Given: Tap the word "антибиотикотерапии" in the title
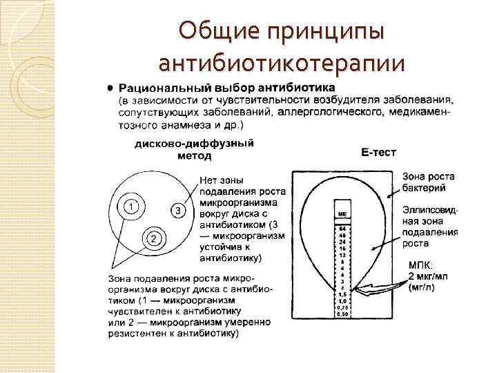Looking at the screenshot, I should (280, 63).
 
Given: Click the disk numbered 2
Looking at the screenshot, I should (155, 238).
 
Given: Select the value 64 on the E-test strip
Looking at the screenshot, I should (342, 227).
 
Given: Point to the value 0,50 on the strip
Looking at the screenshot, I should (342, 315).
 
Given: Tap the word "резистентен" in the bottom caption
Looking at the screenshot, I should (135, 334).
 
